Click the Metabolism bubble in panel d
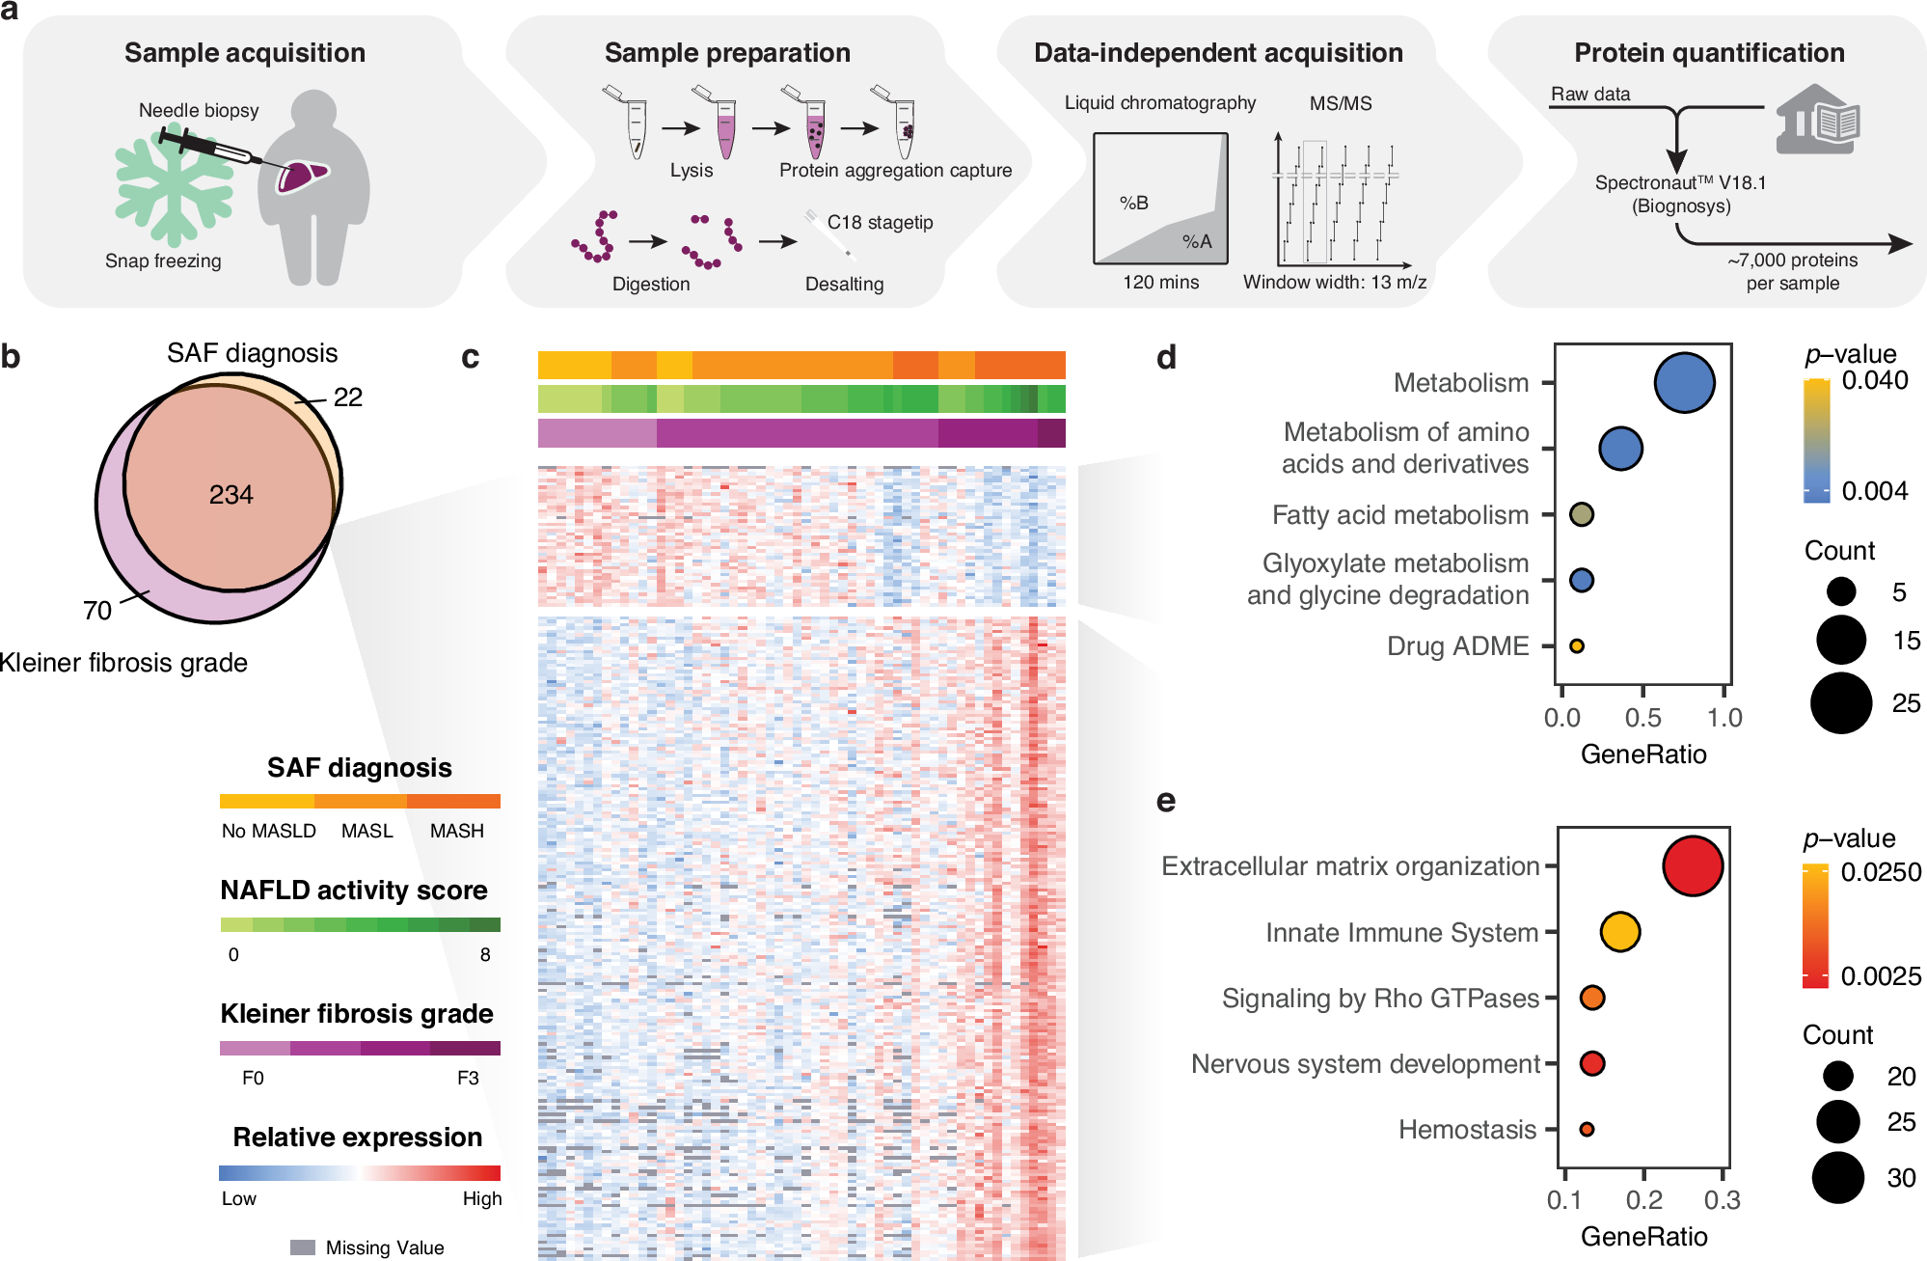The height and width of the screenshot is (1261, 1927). coord(1684,383)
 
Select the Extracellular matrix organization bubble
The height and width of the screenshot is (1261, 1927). coord(1693,865)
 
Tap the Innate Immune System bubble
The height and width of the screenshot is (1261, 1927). coord(1620,932)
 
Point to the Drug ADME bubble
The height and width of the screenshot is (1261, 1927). coord(1577,646)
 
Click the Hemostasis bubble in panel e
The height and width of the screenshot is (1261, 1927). coord(1587,1129)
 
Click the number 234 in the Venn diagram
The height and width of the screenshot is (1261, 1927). coord(231,495)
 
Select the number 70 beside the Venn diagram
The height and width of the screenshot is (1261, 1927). coord(97,611)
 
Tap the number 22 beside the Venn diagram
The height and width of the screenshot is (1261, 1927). coord(348,397)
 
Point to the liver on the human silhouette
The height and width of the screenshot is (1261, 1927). coord(303,176)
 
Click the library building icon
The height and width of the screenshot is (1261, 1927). coord(1817,120)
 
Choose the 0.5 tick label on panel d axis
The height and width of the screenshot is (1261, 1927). coord(1643,718)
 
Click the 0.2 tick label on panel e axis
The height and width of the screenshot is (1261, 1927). coord(1644,1200)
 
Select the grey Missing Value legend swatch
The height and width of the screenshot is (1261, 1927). coord(303,1247)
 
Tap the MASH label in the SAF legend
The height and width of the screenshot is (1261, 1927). coord(457,831)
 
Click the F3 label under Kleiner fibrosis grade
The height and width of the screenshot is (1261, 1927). coord(468,1078)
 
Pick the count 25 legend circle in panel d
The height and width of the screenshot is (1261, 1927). coord(1840,703)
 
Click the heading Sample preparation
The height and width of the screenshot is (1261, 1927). coord(727,53)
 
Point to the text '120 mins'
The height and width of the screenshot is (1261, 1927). coord(1161,283)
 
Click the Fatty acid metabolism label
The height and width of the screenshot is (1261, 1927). coord(1400,515)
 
